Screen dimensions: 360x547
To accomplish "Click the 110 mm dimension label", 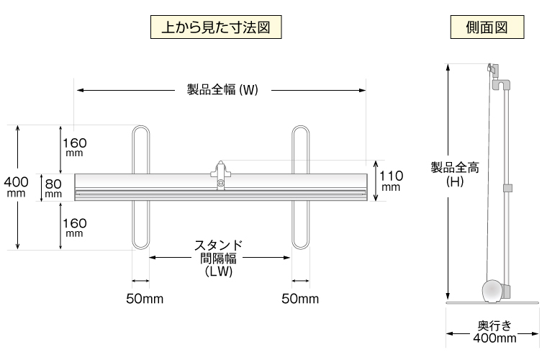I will point(391,180).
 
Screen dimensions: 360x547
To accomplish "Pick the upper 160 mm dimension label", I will point(74,146).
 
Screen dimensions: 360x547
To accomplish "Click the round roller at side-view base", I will point(492,292).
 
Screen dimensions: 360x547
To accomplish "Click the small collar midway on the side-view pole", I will point(507,189).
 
